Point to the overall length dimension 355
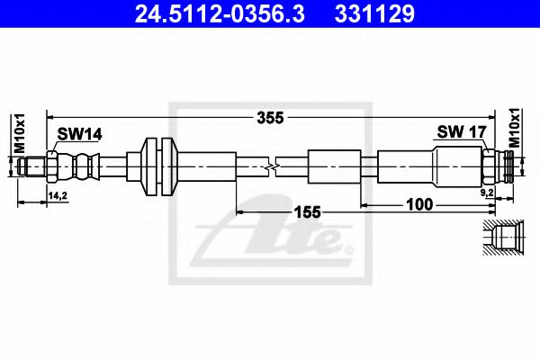269,116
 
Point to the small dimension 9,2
486,193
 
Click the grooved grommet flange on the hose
157,166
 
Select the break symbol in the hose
273,166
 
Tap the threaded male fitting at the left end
33,166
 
